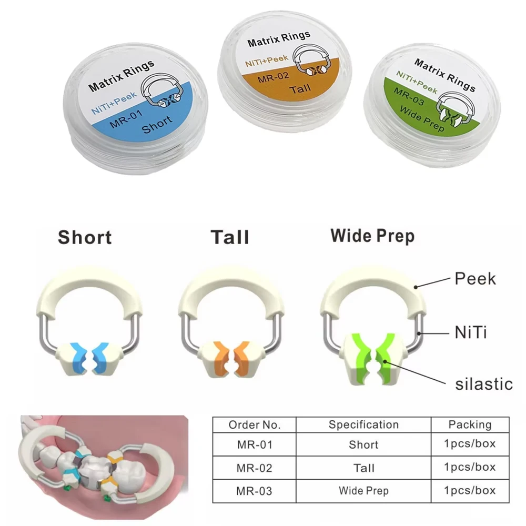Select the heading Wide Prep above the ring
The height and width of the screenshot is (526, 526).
pyautogui.click(x=372, y=236)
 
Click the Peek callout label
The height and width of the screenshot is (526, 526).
pyautogui.click(x=475, y=278)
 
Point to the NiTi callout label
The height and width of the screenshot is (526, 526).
pyautogui.click(x=472, y=331)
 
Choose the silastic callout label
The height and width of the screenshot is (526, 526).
pyautogui.click(x=483, y=383)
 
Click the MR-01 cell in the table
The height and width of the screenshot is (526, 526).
pyautogui.click(x=255, y=445)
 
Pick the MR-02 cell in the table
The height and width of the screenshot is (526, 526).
pyautogui.click(x=255, y=468)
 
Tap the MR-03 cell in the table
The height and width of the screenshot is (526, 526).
pyautogui.click(x=255, y=491)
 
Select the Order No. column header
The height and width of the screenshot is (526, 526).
pyautogui.click(x=255, y=424)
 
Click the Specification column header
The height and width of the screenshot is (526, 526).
pyautogui.click(x=363, y=424)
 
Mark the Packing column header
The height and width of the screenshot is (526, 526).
pyautogui.click(x=470, y=424)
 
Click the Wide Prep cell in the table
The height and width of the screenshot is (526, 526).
pyautogui.click(x=363, y=491)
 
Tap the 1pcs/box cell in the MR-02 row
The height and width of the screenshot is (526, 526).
pyautogui.click(x=470, y=468)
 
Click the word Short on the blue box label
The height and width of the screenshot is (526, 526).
pyautogui.click(x=157, y=124)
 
